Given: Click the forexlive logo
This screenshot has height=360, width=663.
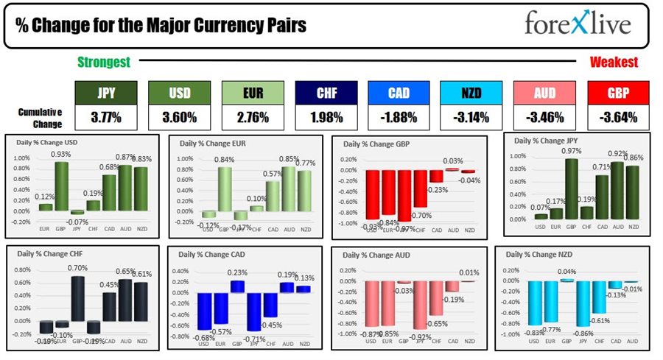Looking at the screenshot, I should (577, 24).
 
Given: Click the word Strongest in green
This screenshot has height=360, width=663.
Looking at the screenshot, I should (105, 63).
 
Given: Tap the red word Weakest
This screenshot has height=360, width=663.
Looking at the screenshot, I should (614, 63).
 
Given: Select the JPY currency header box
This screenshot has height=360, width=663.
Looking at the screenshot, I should (105, 93).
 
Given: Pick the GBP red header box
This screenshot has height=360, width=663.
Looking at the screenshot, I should (618, 93).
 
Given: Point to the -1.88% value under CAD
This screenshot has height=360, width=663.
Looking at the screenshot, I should (399, 117).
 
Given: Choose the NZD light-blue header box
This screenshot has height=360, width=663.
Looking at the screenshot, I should (471, 93).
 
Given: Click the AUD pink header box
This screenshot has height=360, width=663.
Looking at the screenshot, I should (544, 93).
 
